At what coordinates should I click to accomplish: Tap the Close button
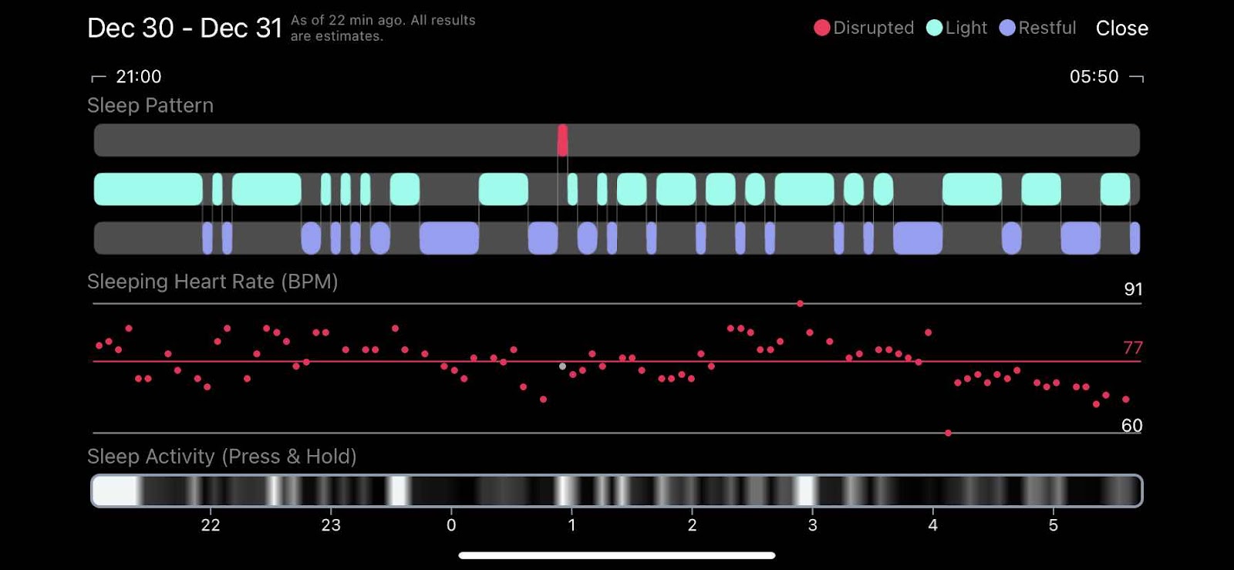[x=1121, y=29]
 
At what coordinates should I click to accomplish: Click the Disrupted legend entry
[x=864, y=29]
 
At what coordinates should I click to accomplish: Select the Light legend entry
[x=957, y=29]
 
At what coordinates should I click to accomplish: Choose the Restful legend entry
[x=1038, y=29]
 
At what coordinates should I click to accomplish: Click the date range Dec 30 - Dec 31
[x=184, y=29]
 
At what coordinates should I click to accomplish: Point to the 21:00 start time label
[x=138, y=76]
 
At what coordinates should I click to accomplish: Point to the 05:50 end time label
[x=1094, y=76]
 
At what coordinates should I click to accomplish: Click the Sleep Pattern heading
[x=150, y=106]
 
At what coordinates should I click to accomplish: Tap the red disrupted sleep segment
[x=562, y=140]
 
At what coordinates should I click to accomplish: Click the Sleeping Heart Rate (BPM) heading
[x=212, y=282]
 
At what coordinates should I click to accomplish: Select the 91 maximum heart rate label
[x=1133, y=289]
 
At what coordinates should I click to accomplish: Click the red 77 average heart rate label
[x=1132, y=348]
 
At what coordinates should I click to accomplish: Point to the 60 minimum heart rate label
[x=1131, y=426]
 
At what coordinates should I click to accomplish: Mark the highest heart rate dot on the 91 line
[x=800, y=304]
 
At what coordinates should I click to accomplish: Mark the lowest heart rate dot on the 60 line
[x=948, y=433]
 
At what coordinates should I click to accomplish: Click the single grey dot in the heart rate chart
[x=562, y=366]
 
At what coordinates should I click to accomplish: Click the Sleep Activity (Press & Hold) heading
[x=221, y=457]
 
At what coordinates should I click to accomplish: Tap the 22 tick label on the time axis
[x=211, y=525]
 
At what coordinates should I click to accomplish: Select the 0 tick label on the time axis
[x=451, y=525]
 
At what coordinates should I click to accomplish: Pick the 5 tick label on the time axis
[x=1053, y=525]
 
